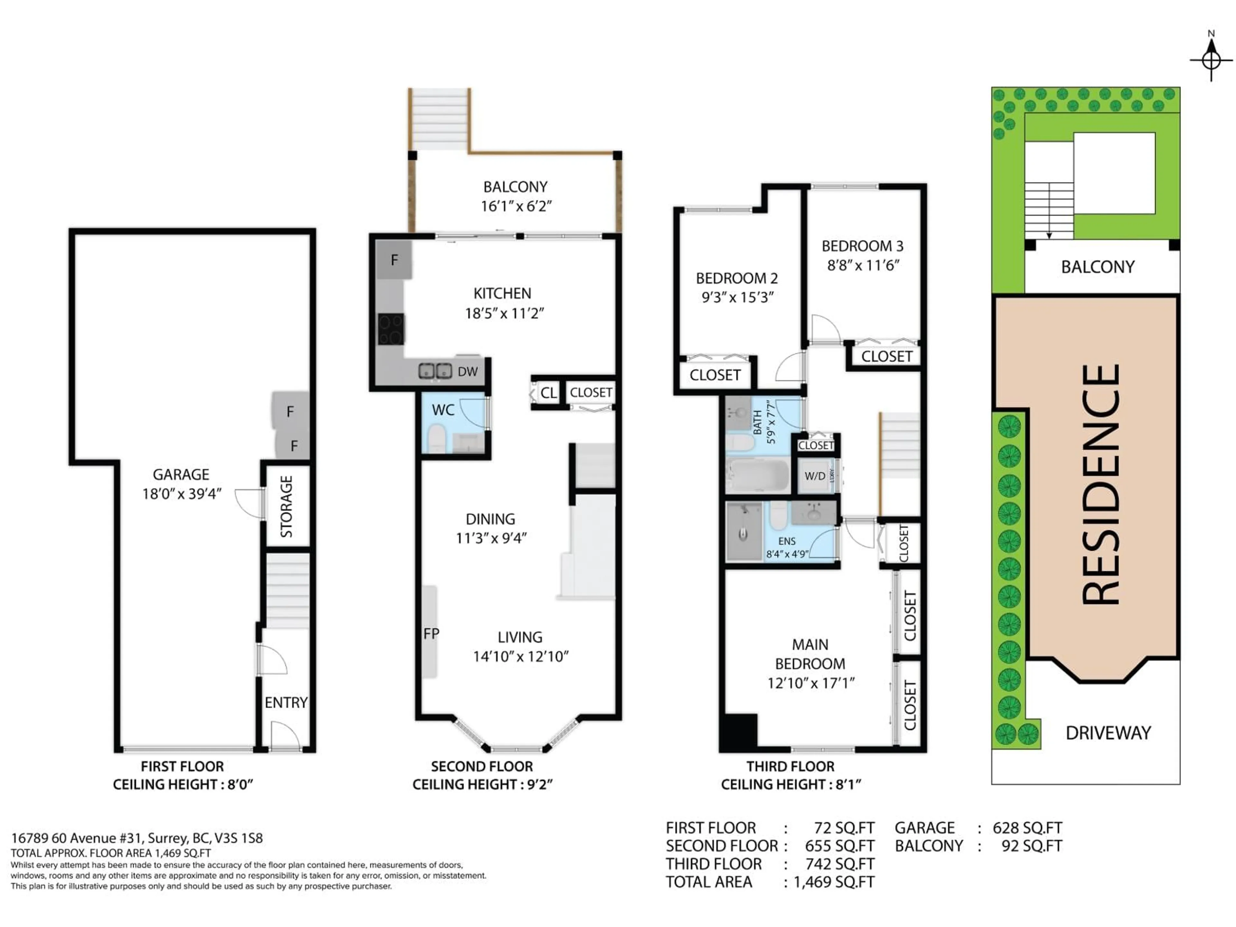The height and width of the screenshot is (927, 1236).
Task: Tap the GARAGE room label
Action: click(x=181, y=474)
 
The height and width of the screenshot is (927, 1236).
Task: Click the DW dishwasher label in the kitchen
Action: click(x=468, y=371)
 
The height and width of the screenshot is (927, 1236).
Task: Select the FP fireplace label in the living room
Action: click(x=431, y=633)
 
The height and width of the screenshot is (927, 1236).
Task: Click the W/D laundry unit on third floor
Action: click(x=815, y=476)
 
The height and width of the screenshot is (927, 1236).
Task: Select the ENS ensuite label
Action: click(x=787, y=541)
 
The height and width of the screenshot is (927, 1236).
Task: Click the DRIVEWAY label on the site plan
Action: click(x=1108, y=733)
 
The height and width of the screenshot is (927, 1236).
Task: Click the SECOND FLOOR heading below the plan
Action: click(x=482, y=766)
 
